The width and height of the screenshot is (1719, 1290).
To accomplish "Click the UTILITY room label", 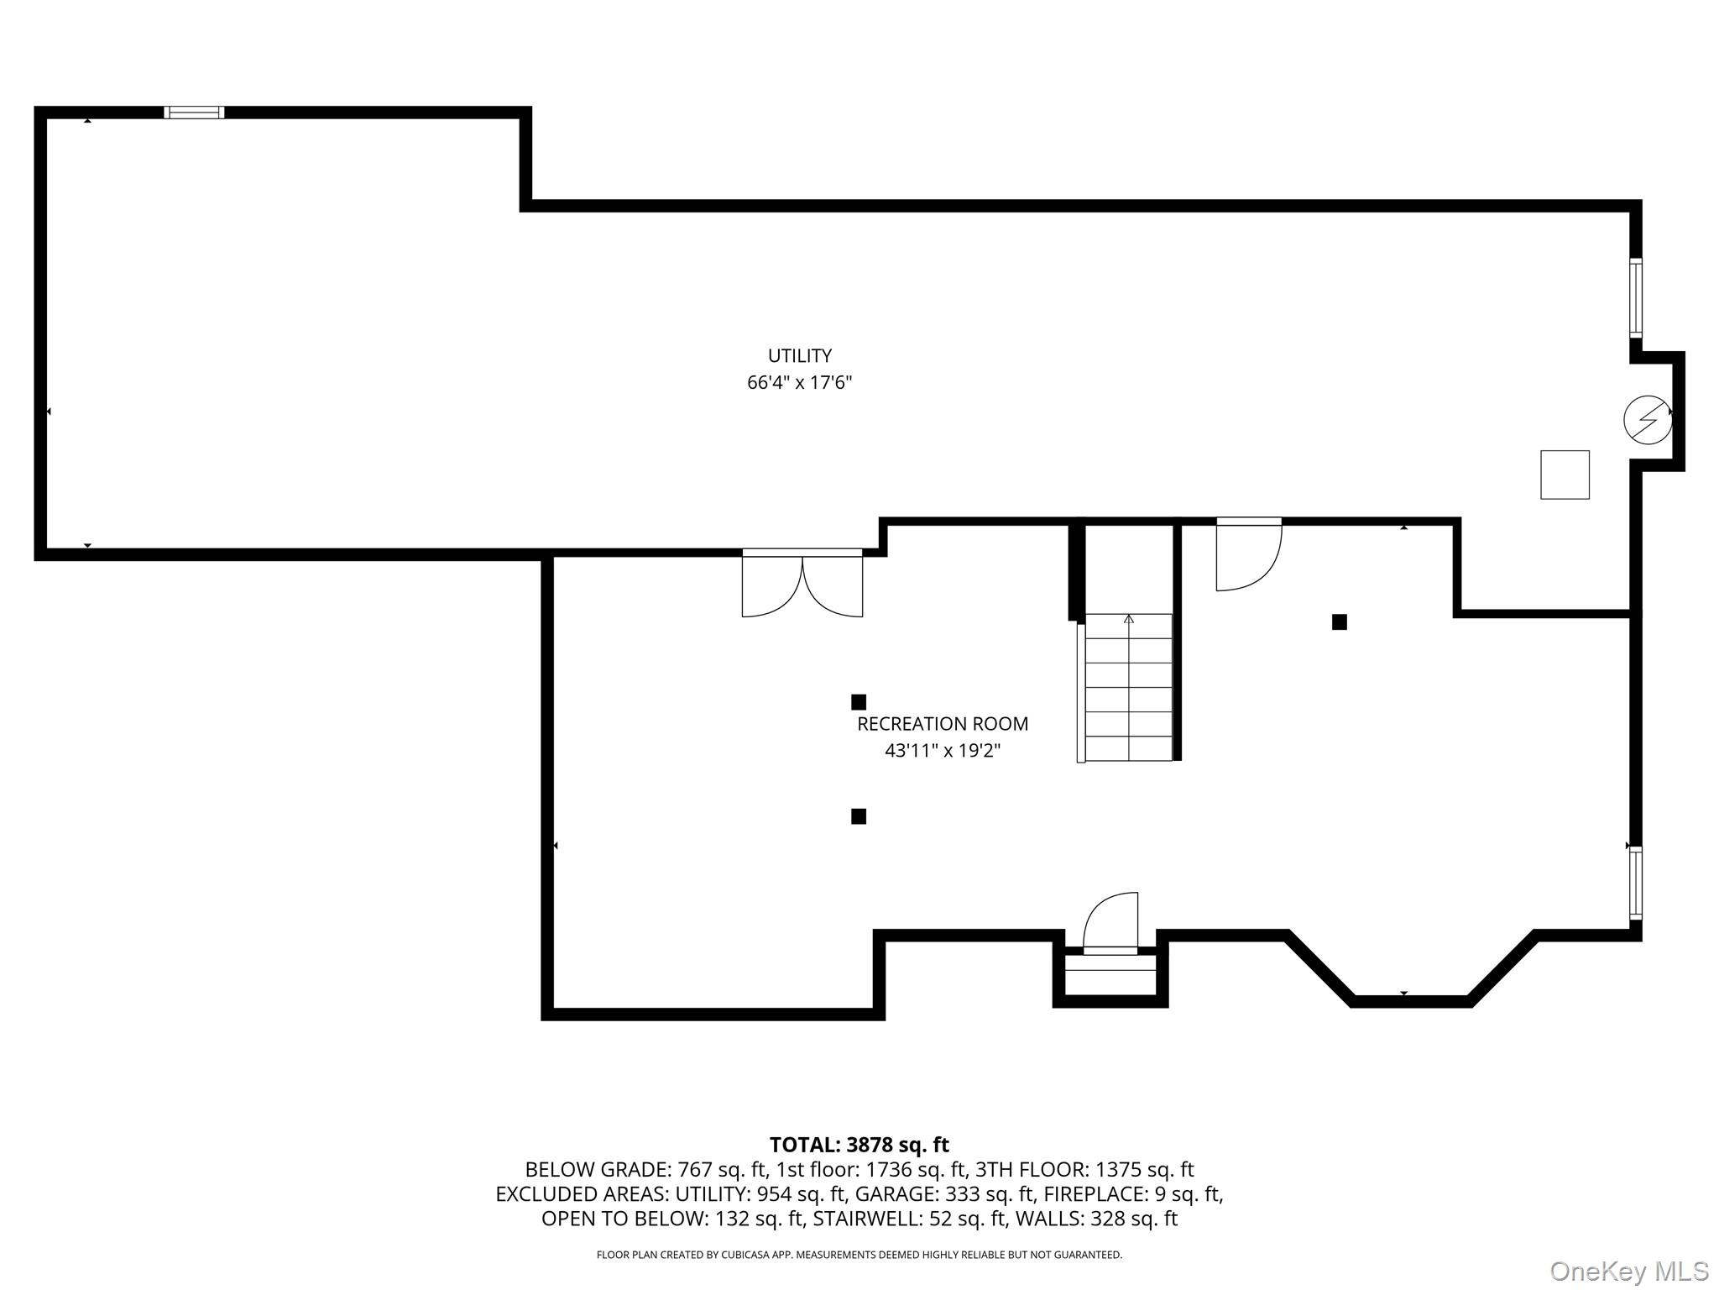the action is pyautogui.click(x=800, y=355).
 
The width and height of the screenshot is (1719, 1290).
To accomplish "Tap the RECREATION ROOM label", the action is pyautogui.click(x=943, y=723).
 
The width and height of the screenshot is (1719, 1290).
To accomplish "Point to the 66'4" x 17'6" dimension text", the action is pyautogui.click(x=800, y=383).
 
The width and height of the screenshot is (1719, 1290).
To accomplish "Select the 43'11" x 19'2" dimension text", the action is pyautogui.click(x=943, y=751).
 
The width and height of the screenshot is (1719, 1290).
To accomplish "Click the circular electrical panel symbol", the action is pyautogui.click(x=1648, y=419).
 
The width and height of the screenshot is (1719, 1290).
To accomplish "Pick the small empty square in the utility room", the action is pyautogui.click(x=1565, y=475).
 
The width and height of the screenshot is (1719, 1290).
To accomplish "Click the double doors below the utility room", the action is pyautogui.click(x=802, y=583).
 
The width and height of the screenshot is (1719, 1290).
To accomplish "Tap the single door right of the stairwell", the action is pyautogui.click(x=1249, y=554).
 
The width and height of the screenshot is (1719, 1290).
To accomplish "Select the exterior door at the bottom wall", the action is pyautogui.click(x=1110, y=924).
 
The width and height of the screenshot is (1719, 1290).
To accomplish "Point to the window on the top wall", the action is pyautogui.click(x=194, y=113).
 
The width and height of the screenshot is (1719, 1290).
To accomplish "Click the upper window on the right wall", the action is pyautogui.click(x=1636, y=297).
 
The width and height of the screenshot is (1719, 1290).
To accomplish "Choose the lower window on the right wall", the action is pyautogui.click(x=1636, y=883).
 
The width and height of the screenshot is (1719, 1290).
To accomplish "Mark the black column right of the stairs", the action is pyautogui.click(x=1340, y=622).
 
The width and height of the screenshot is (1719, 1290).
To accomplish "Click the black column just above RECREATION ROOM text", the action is pyautogui.click(x=859, y=702).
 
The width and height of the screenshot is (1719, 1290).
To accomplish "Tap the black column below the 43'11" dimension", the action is pyautogui.click(x=859, y=816).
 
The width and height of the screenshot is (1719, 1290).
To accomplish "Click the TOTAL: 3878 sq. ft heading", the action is pyautogui.click(x=859, y=1145).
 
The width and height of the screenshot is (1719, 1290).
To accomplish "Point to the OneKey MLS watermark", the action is pyautogui.click(x=1629, y=1272).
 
